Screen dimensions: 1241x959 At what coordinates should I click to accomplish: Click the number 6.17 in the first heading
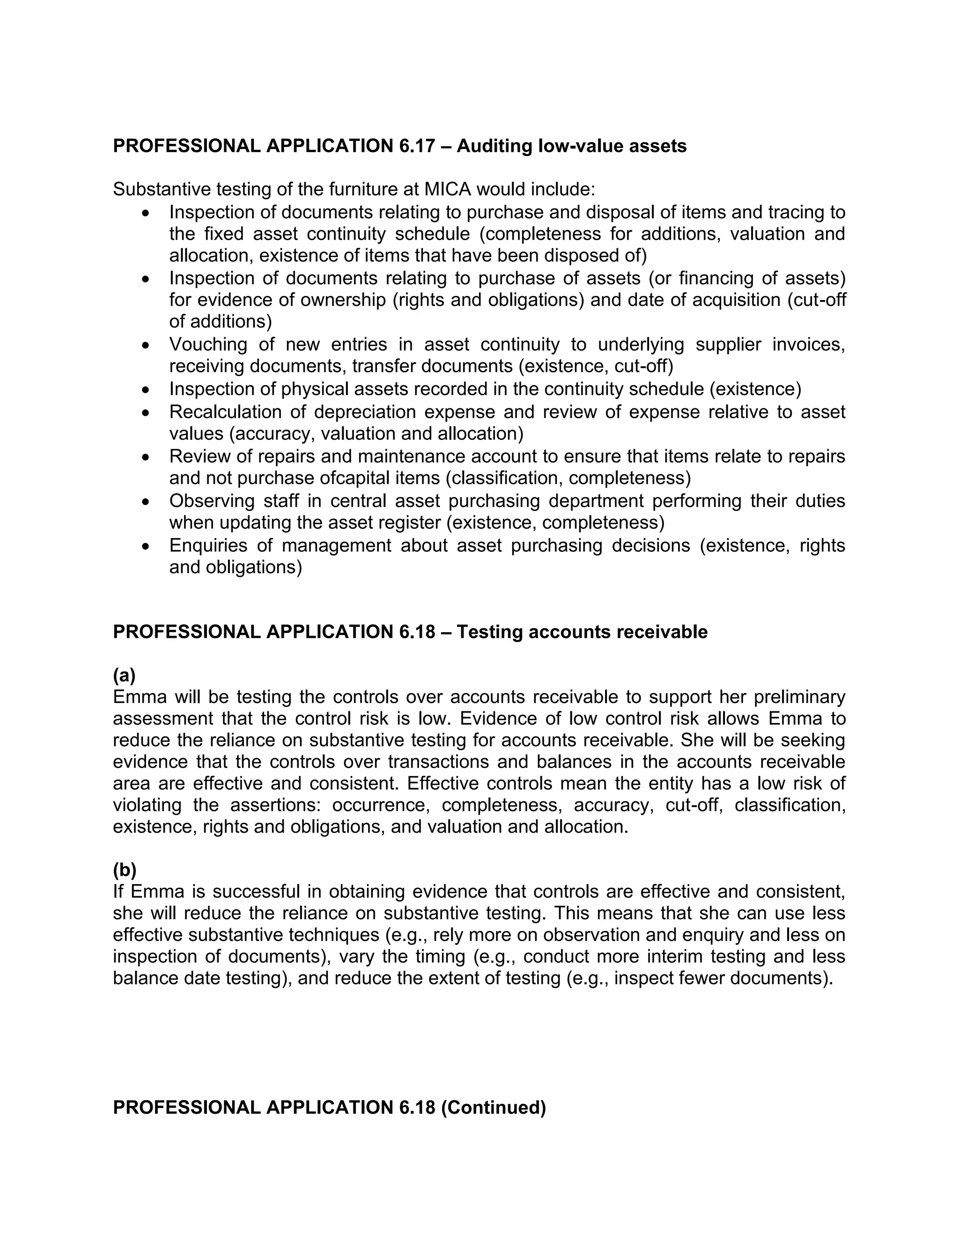tap(415, 146)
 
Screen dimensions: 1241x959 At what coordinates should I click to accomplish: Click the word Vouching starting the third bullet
tap(208, 344)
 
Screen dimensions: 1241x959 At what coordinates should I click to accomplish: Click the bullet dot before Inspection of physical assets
tap(147, 390)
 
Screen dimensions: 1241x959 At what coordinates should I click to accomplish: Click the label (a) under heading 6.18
tap(125, 676)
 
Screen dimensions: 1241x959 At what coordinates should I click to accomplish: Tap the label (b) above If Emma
tap(125, 870)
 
